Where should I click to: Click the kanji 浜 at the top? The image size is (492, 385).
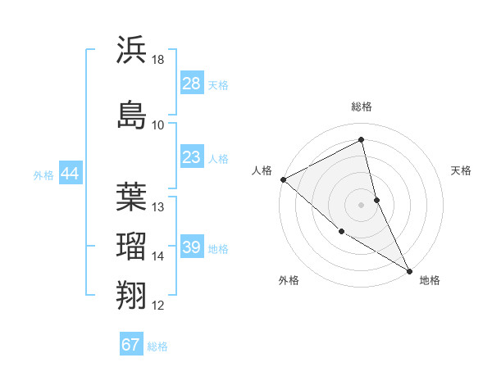[x=132, y=49]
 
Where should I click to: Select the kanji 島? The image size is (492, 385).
[x=132, y=115]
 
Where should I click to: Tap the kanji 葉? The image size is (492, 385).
[x=132, y=197]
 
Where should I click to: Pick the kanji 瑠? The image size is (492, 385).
[x=132, y=246]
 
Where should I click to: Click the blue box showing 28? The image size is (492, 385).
[x=191, y=84]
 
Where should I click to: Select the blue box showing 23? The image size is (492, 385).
[x=191, y=157]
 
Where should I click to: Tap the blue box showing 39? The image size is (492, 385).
[x=191, y=248]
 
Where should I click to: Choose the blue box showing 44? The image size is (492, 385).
[x=70, y=174]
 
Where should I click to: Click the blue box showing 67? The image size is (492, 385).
[x=131, y=345]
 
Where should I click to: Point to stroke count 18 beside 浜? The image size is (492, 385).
[x=158, y=60]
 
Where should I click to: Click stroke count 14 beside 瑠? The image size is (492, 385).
[x=158, y=256]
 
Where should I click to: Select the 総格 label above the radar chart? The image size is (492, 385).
[x=362, y=106]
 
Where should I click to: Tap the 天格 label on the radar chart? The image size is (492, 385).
[x=461, y=170]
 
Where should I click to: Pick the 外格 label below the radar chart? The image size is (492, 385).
[x=288, y=280]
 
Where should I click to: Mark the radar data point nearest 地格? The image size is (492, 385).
[x=409, y=269]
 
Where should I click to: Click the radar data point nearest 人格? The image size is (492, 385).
[x=283, y=179]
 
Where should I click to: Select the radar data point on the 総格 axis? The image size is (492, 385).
[x=362, y=140]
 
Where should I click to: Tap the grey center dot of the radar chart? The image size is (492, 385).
[x=362, y=204]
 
